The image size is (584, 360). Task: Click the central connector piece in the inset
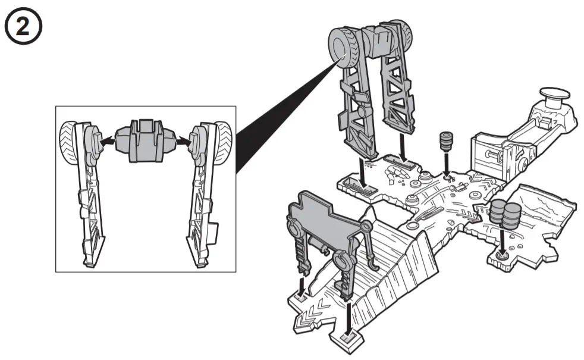coord(146,142)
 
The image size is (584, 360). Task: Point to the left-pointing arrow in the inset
coord(106,142)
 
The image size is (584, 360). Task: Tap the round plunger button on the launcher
coord(553,95)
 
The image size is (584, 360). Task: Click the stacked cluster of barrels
coord(504,214)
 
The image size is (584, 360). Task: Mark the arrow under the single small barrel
coord(447,167)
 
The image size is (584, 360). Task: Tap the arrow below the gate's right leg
coord(348,316)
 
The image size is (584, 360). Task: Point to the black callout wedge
coord(280,125)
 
